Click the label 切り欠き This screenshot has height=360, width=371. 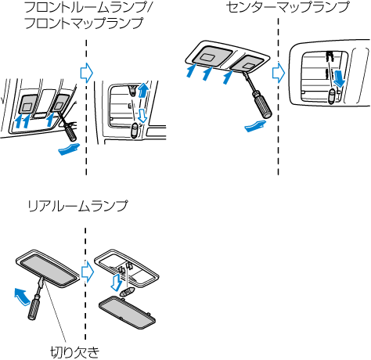pyautogui.click(x=75, y=352)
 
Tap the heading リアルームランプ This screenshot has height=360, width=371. pyautogui.click(x=77, y=206)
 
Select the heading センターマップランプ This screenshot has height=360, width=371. pyautogui.click(x=287, y=7)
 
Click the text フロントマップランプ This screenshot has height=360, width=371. pyautogui.click(x=84, y=23)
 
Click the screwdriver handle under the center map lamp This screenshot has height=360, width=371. pyautogui.click(x=261, y=105)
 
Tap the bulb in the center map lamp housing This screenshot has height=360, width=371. pyautogui.click(x=332, y=96)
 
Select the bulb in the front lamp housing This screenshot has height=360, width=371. pyautogui.click(x=135, y=131)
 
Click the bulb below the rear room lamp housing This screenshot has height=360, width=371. pyautogui.click(x=128, y=291)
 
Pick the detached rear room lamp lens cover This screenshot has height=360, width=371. pyautogui.click(x=128, y=312)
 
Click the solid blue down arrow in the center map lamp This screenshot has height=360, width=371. pyautogui.click(x=340, y=77)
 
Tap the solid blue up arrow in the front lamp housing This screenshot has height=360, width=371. pyautogui.click(x=142, y=90)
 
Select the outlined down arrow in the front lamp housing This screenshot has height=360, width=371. pyautogui.click(x=142, y=116)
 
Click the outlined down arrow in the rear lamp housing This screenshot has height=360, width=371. pyautogui.click(x=116, y=283)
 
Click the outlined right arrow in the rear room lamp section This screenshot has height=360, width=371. pyautogui.click(x=88, y=272)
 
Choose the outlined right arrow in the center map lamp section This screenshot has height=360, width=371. pyautogui.click(x=279, y=73)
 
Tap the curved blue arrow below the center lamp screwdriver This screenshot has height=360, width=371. pyautogui.click(x=256, y=126)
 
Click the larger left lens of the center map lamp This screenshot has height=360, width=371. pyautogui.click(x=212, y=55)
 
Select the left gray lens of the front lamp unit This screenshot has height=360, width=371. pyautogui.click(x=27, y=104)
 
